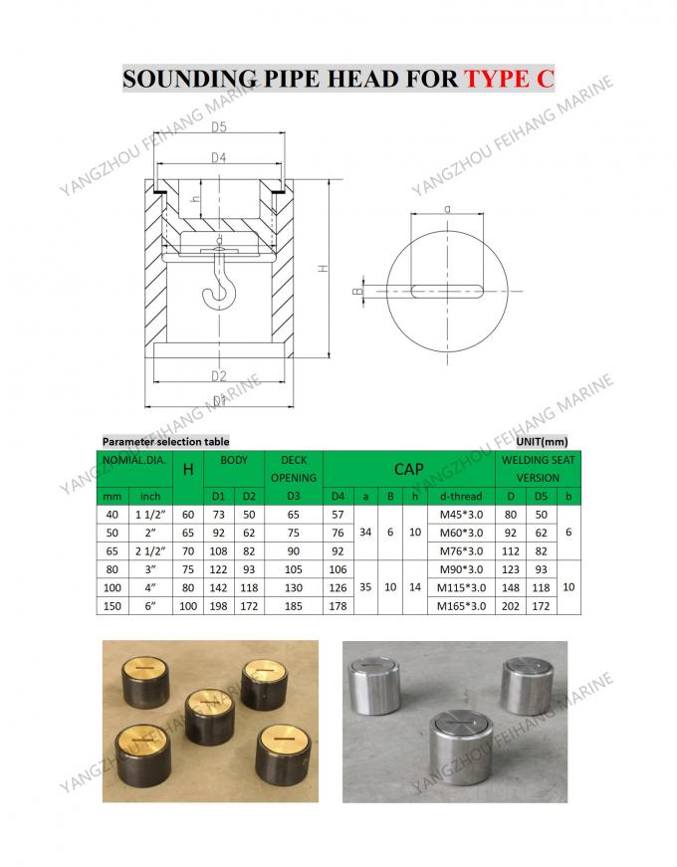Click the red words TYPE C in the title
click(509, 78)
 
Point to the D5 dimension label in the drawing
click(219, 126)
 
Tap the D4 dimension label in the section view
click(219, 156)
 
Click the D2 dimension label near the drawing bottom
click(219, 375)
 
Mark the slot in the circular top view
click(448, 291)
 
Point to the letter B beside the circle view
click(356, 292)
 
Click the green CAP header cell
click(409, 469)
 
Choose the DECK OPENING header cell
click(294, 469)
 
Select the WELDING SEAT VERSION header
click(538, 469)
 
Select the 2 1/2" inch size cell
click(151, 551)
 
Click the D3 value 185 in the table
click(294, 606)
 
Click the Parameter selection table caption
click(165, 441)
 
